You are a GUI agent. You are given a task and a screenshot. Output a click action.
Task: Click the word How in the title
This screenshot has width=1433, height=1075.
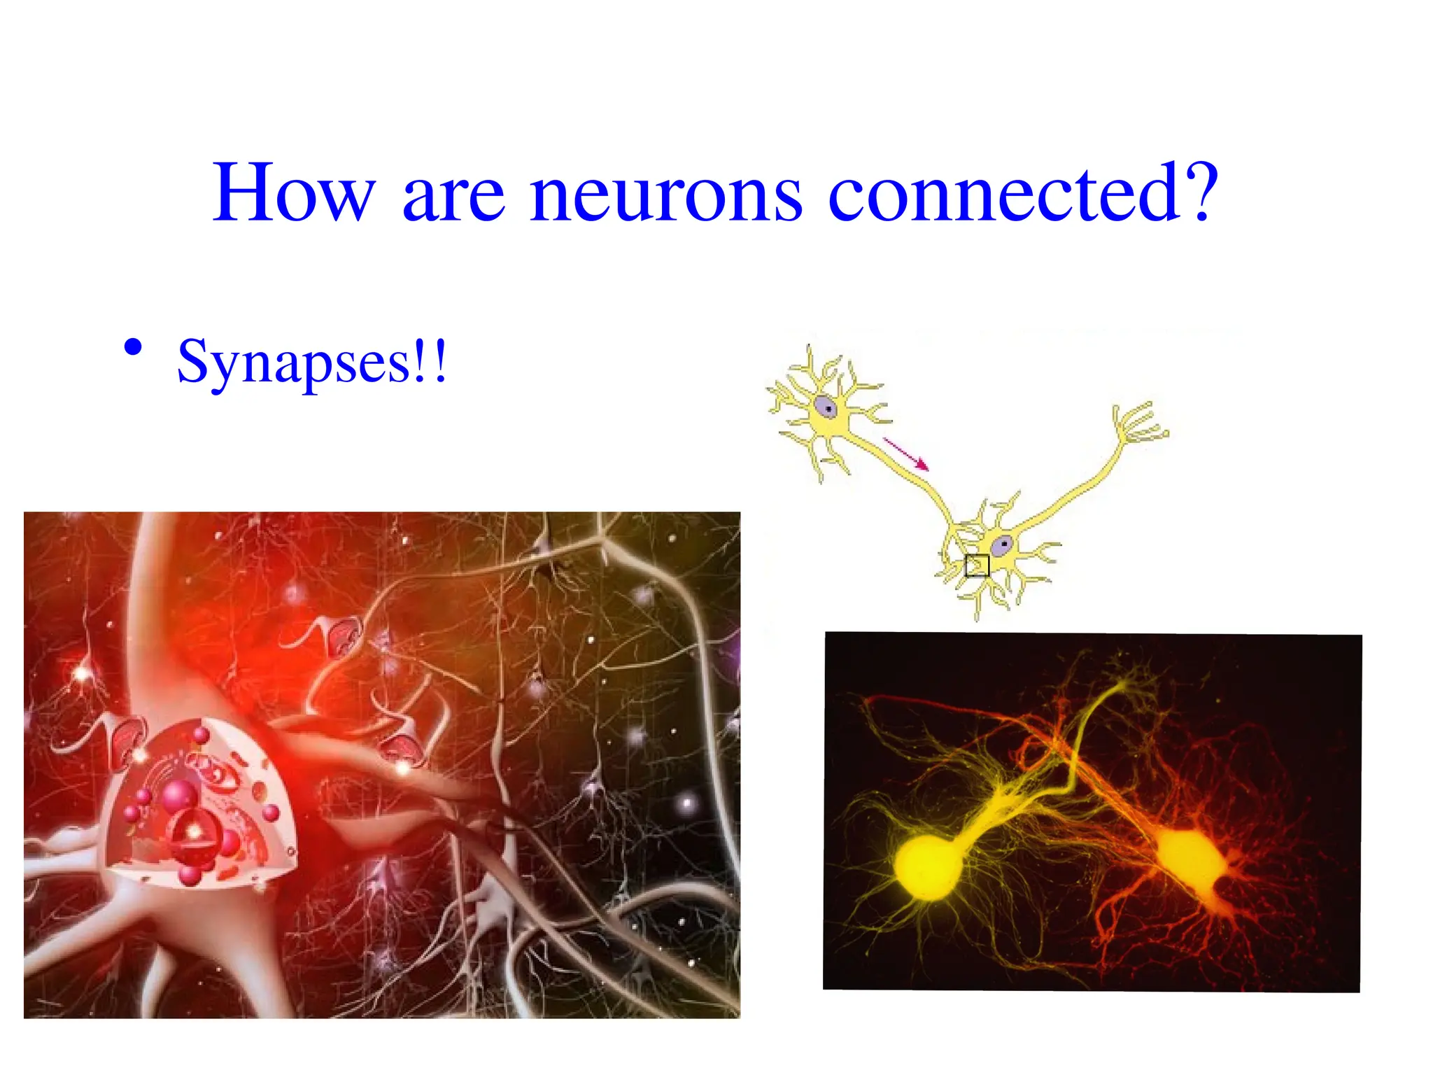pos(294,192)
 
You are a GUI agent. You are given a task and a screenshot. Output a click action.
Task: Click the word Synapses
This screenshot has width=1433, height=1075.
pos(294,363)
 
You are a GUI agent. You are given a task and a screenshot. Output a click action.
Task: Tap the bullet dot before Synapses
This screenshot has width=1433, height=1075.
pos(133,347)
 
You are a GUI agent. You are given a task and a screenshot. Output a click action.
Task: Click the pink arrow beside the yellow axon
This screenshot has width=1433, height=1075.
pos(905,454)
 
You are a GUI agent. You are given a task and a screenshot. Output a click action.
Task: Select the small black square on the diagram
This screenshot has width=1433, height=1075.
pos(977,565)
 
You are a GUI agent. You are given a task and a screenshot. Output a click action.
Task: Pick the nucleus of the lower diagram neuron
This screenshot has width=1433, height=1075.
pos(1004,544)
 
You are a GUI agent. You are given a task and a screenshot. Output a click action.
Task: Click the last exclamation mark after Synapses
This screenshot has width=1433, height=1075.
pos(439,361)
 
